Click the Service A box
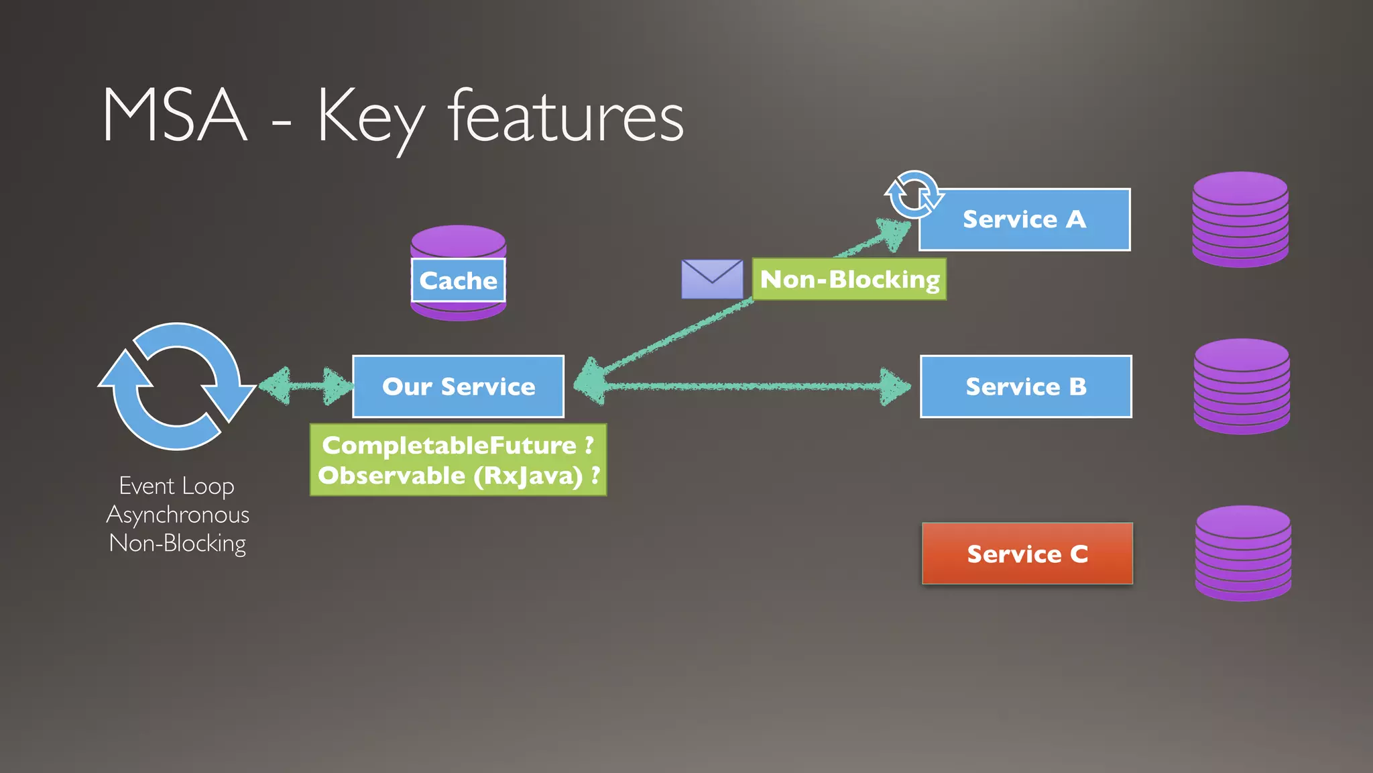tap(1024, 219)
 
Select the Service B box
tap(1026, 386)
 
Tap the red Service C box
tap(1027, 554)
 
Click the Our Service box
tap(459, 386)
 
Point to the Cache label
tap(459, 280)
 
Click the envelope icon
tap(712, 279)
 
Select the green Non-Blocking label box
tap(849, 279)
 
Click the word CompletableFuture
tap(449, 445)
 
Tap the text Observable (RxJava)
tap(451, 476)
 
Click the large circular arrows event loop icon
tap(176, 386)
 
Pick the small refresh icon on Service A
tap(913, 195)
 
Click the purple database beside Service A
tap(1240, 219)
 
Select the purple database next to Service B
tap(1242, 386)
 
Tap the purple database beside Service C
tap(1243, 554)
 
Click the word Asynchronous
tap(178, 515)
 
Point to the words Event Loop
tap(176, 486)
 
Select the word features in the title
tap(566, 117)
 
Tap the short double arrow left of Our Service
tap(306, 386)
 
